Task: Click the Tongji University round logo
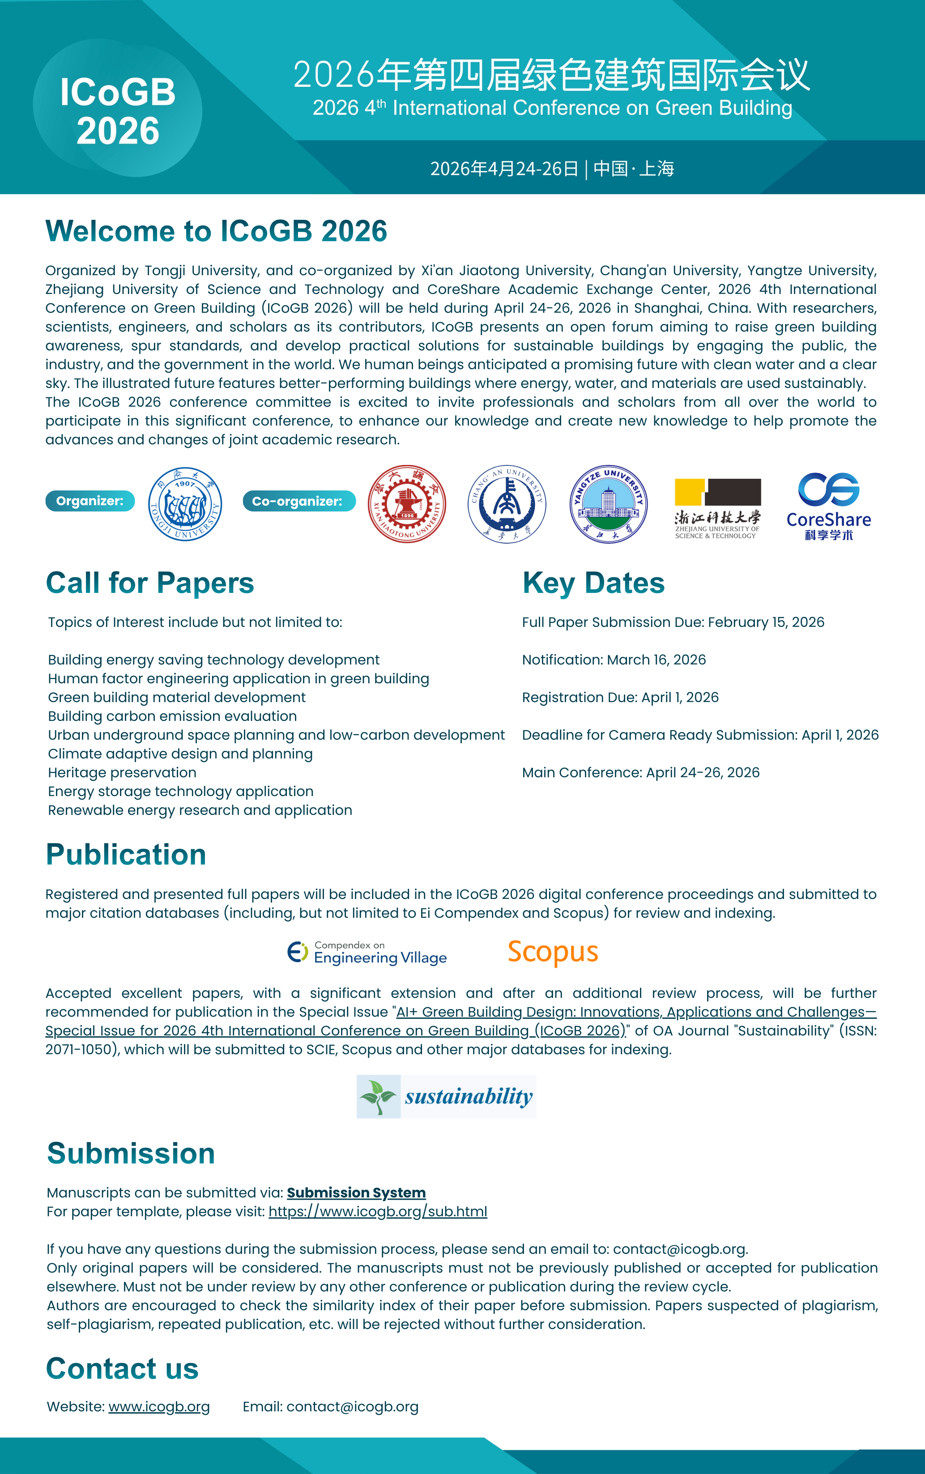(185, 504)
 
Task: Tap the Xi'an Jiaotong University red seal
(407, 504)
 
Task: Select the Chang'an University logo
(507, 504)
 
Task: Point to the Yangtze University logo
(608, 504)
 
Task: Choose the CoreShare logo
(829, 506)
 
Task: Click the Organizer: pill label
(90, 501)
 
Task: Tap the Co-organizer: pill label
(298, 501)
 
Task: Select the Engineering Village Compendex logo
(367, 953)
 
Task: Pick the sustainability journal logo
(446, 1096)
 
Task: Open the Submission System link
(356, 1193)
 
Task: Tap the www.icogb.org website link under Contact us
(159, 1407)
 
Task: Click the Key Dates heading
(593, 583)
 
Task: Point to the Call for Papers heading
(150, 583)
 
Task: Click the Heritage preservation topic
(122, 772)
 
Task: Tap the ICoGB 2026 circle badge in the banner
(117, 111)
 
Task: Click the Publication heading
(126, 854)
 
